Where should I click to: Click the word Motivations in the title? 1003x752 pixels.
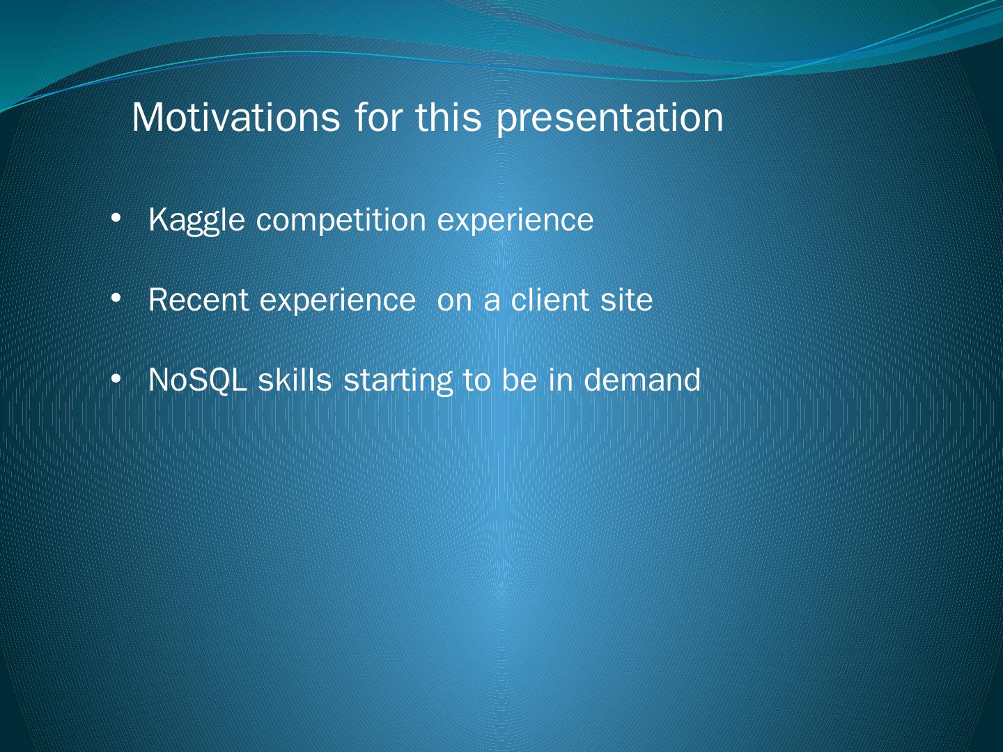point(236,118)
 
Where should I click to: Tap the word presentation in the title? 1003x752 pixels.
point(609,120)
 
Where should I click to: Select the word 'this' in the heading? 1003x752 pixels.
point(449,118)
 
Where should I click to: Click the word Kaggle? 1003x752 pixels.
point(197,221)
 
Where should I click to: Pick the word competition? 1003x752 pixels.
point(341,221)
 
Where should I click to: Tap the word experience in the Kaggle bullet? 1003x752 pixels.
point(515,221)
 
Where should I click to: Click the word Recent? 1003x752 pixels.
point(199,300)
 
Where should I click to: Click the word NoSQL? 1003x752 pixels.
point(198,380)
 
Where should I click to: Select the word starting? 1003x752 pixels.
point(398,381)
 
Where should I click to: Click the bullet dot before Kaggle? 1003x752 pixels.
point(116,219)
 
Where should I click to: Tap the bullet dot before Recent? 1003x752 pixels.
point(116,299)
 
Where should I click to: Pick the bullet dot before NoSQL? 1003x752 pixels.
point(116,379)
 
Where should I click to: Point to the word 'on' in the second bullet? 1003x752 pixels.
point(455,302)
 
